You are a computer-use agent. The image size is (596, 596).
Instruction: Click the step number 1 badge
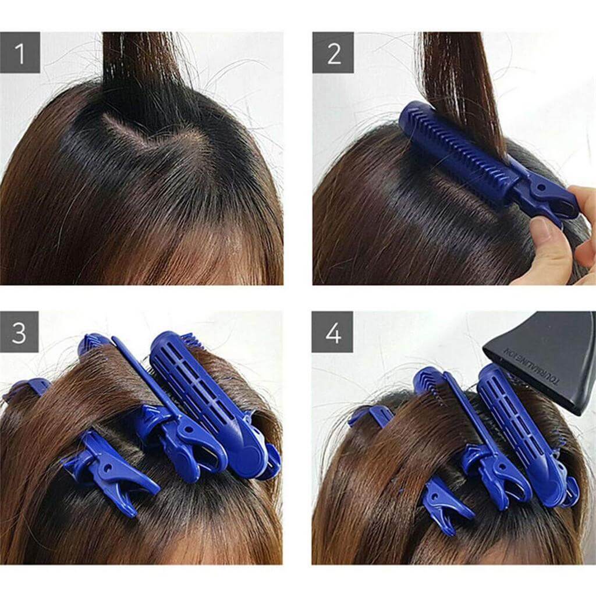20,52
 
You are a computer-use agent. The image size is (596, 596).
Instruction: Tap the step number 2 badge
333,52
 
